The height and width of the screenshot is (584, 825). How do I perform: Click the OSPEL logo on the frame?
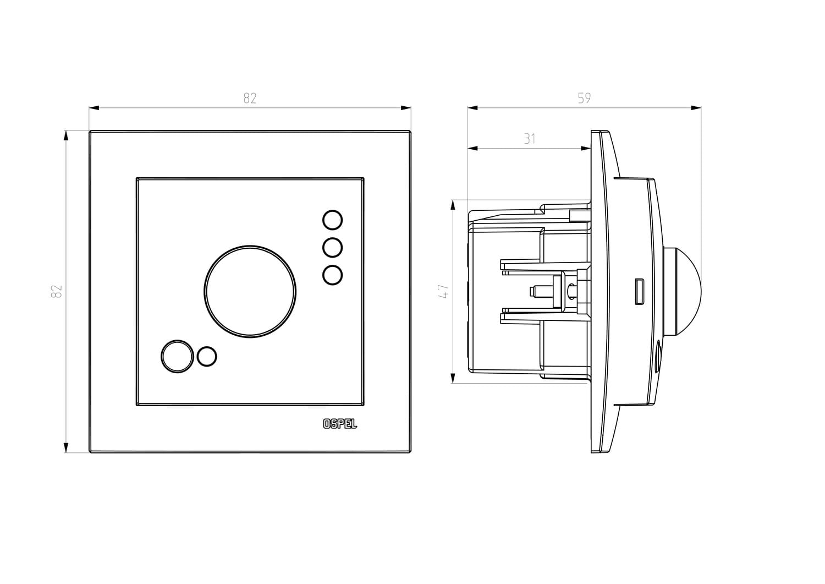pos(340,424)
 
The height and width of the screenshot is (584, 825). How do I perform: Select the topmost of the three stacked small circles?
pos(332,220)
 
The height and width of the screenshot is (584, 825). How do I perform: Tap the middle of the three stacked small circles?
pos(332,247)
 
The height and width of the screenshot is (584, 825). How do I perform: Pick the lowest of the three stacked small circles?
pos(332,275)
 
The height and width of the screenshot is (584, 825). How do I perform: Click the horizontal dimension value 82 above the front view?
pos(250,98)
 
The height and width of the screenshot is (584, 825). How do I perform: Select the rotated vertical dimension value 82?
pos(57,291)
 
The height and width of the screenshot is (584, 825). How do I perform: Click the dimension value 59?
pos(584,98)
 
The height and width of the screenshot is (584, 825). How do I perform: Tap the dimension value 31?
pos(529,139)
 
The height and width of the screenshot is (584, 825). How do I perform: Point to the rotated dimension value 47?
pos(444,291)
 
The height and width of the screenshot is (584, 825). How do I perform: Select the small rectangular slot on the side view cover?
pos(639,291)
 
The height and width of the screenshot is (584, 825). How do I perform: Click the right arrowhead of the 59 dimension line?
pos(696,108)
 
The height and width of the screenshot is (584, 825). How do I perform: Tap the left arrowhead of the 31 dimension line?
pos(473,148)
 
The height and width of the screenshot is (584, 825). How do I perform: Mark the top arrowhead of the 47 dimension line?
pos(453,205)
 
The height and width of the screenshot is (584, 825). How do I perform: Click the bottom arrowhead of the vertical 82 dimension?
pos(66,447)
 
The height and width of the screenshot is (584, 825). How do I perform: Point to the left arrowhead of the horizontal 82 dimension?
pos(94,108)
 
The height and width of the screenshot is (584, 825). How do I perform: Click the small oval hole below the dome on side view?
pos(657,357)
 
